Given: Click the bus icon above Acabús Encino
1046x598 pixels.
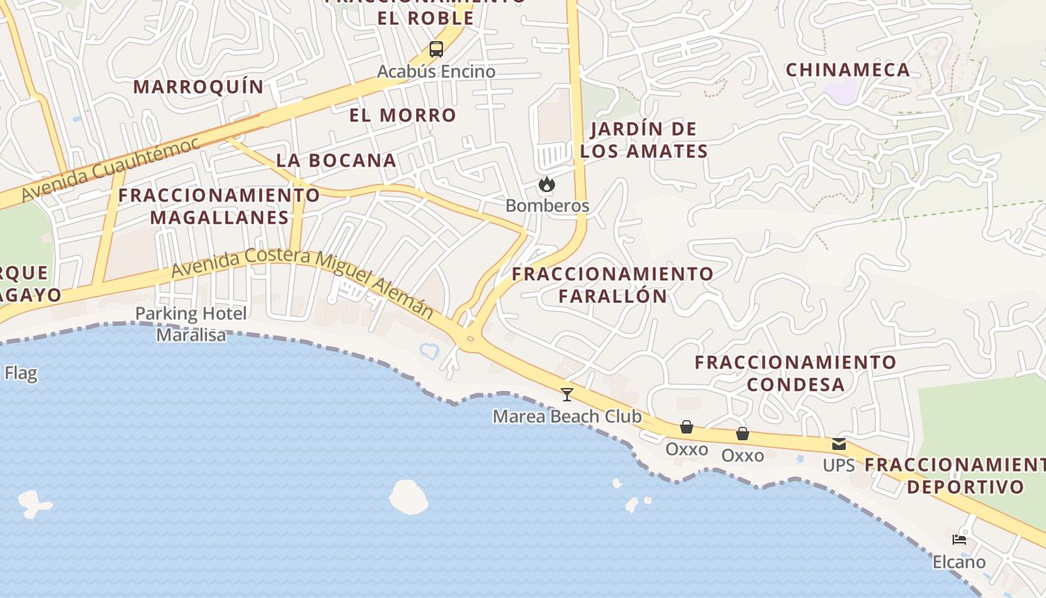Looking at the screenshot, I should [x=436, y=50].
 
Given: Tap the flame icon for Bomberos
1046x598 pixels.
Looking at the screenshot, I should [x=547, y=184].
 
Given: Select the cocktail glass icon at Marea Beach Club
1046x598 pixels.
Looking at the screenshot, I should [x=567, y=394].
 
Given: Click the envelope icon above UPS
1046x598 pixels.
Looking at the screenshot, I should [x=838, y=445].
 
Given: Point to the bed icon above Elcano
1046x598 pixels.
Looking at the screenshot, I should [x=959, y=540].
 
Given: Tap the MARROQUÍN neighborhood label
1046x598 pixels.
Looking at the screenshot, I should [x=199, y=87].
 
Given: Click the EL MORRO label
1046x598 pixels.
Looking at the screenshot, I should [x=403, y=115].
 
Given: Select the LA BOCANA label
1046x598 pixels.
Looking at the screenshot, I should [x=336, y=160].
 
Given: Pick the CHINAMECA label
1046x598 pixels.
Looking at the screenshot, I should [x=848, y=70].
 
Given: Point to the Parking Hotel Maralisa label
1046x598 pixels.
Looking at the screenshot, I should [x=191, y=324].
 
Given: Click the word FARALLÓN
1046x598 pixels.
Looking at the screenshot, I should [x=613, y=296].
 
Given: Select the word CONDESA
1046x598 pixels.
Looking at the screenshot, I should [x=796, y=385].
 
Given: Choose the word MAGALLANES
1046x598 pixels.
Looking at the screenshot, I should [x=220, y=218].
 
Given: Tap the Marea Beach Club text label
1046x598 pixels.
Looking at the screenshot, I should [x=567, y=416].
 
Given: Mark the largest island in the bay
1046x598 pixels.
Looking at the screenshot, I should [x=409, y=496].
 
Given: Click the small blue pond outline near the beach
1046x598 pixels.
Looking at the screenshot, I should [x=430, y=350].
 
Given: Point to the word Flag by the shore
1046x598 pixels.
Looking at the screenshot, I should [x=20, y=373].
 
